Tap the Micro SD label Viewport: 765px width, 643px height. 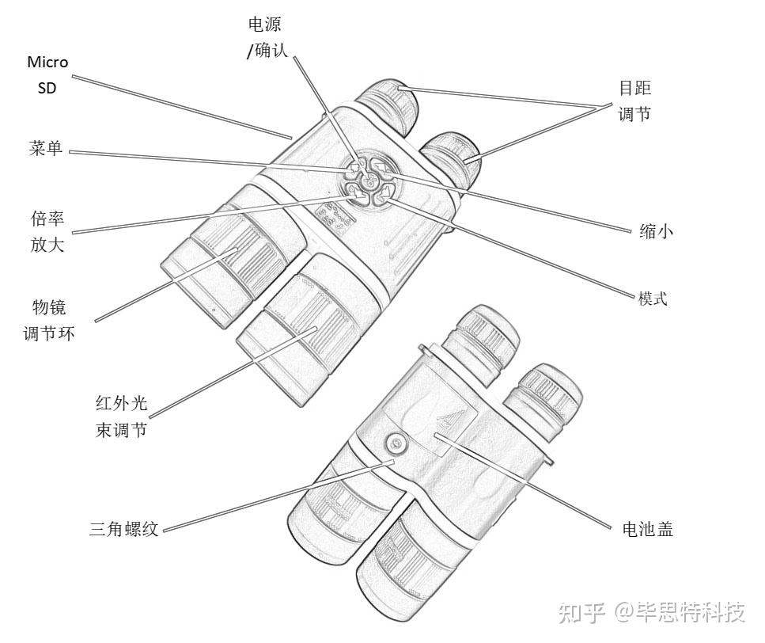click(47, 74)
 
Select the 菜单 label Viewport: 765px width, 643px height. click(45, 149)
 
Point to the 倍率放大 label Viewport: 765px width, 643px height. click(48, 232)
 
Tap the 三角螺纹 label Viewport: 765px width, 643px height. click(124, 529)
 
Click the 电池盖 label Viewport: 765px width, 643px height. click(648, 529)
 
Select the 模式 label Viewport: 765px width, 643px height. click(653, 299)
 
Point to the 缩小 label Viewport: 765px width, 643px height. click(657, 231)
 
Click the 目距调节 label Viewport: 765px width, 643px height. click(634, 101)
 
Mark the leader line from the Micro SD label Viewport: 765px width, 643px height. click(182, 107)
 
